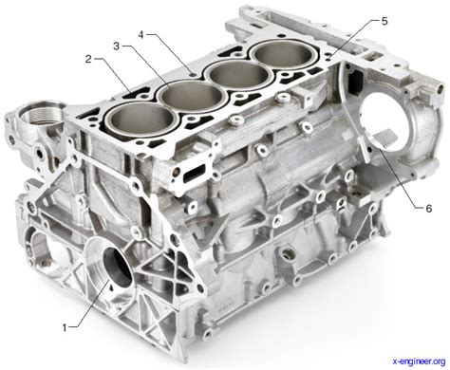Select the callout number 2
(86, 60)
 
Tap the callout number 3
(115, 46)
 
